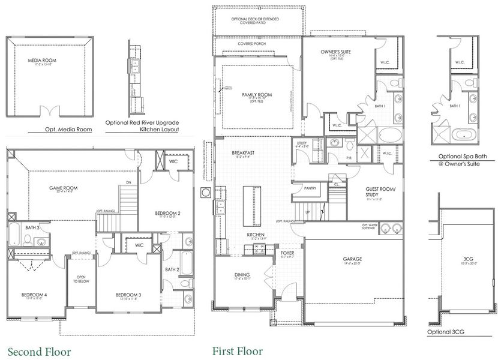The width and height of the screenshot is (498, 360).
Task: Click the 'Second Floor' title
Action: [x=39, y=351]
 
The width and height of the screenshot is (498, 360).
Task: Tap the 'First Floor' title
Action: [x=240, y=351]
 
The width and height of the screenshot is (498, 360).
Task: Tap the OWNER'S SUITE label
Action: [x=335, y=52]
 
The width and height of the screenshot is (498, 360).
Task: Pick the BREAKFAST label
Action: [x=244, y=153]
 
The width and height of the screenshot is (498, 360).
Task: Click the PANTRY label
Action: [x=310, y=188]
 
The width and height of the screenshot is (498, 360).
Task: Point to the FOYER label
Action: [x=288, y=253]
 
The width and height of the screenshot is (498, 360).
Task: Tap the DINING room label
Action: [x=242, y=275]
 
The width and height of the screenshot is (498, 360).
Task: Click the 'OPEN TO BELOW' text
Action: [x=80, y=283]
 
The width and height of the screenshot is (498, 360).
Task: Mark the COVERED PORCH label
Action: [x=252, y=44]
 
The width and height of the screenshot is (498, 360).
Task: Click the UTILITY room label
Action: [x=301, y=143]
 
